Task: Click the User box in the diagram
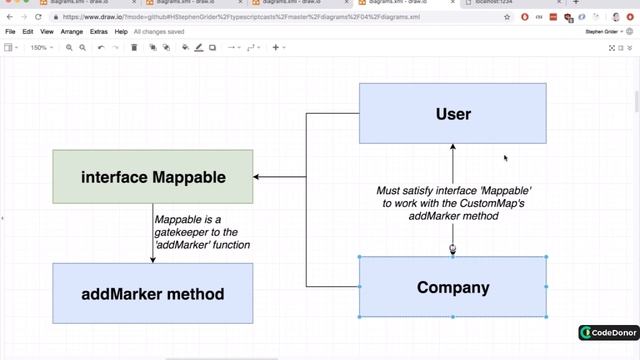pos(452,114)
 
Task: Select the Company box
pos(452,288)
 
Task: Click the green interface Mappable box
pos(153,177)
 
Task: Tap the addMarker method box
pos(153,294)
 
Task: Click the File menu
pos(11,32)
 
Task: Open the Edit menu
pos(28,32)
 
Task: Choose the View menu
pos(46,32)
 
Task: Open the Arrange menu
pos(71,32)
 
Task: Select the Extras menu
pos(99,32)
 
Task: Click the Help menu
pos(121,32)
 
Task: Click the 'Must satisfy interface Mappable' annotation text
pos(453,202)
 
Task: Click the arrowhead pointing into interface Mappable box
pos(258,177)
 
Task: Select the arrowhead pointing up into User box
pos(453,148)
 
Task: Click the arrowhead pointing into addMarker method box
pos(153,260)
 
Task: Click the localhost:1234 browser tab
pos(510,3)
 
